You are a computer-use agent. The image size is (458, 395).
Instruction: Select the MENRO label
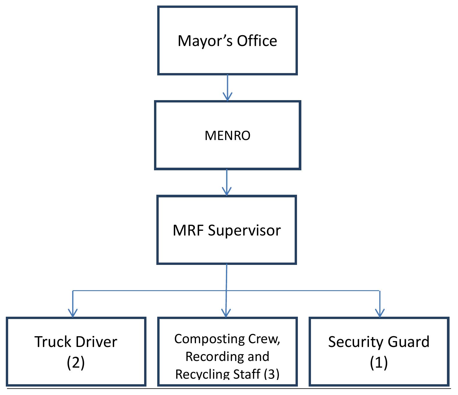click(x=227, y=136)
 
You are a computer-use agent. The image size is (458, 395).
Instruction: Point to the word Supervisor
click(x=244, y=231)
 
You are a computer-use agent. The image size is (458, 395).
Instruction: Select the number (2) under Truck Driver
click(x=76, y=363)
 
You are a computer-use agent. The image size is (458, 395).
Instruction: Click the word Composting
click(x=209, y=339)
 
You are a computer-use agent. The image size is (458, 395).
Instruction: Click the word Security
click(x=352, y=342)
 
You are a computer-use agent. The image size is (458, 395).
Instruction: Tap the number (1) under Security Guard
click(x=379, y=363)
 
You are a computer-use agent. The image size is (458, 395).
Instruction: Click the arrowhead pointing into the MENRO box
click(x=227, y=97)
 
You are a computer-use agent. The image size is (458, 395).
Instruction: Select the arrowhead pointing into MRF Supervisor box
click(x=227, y=192)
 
